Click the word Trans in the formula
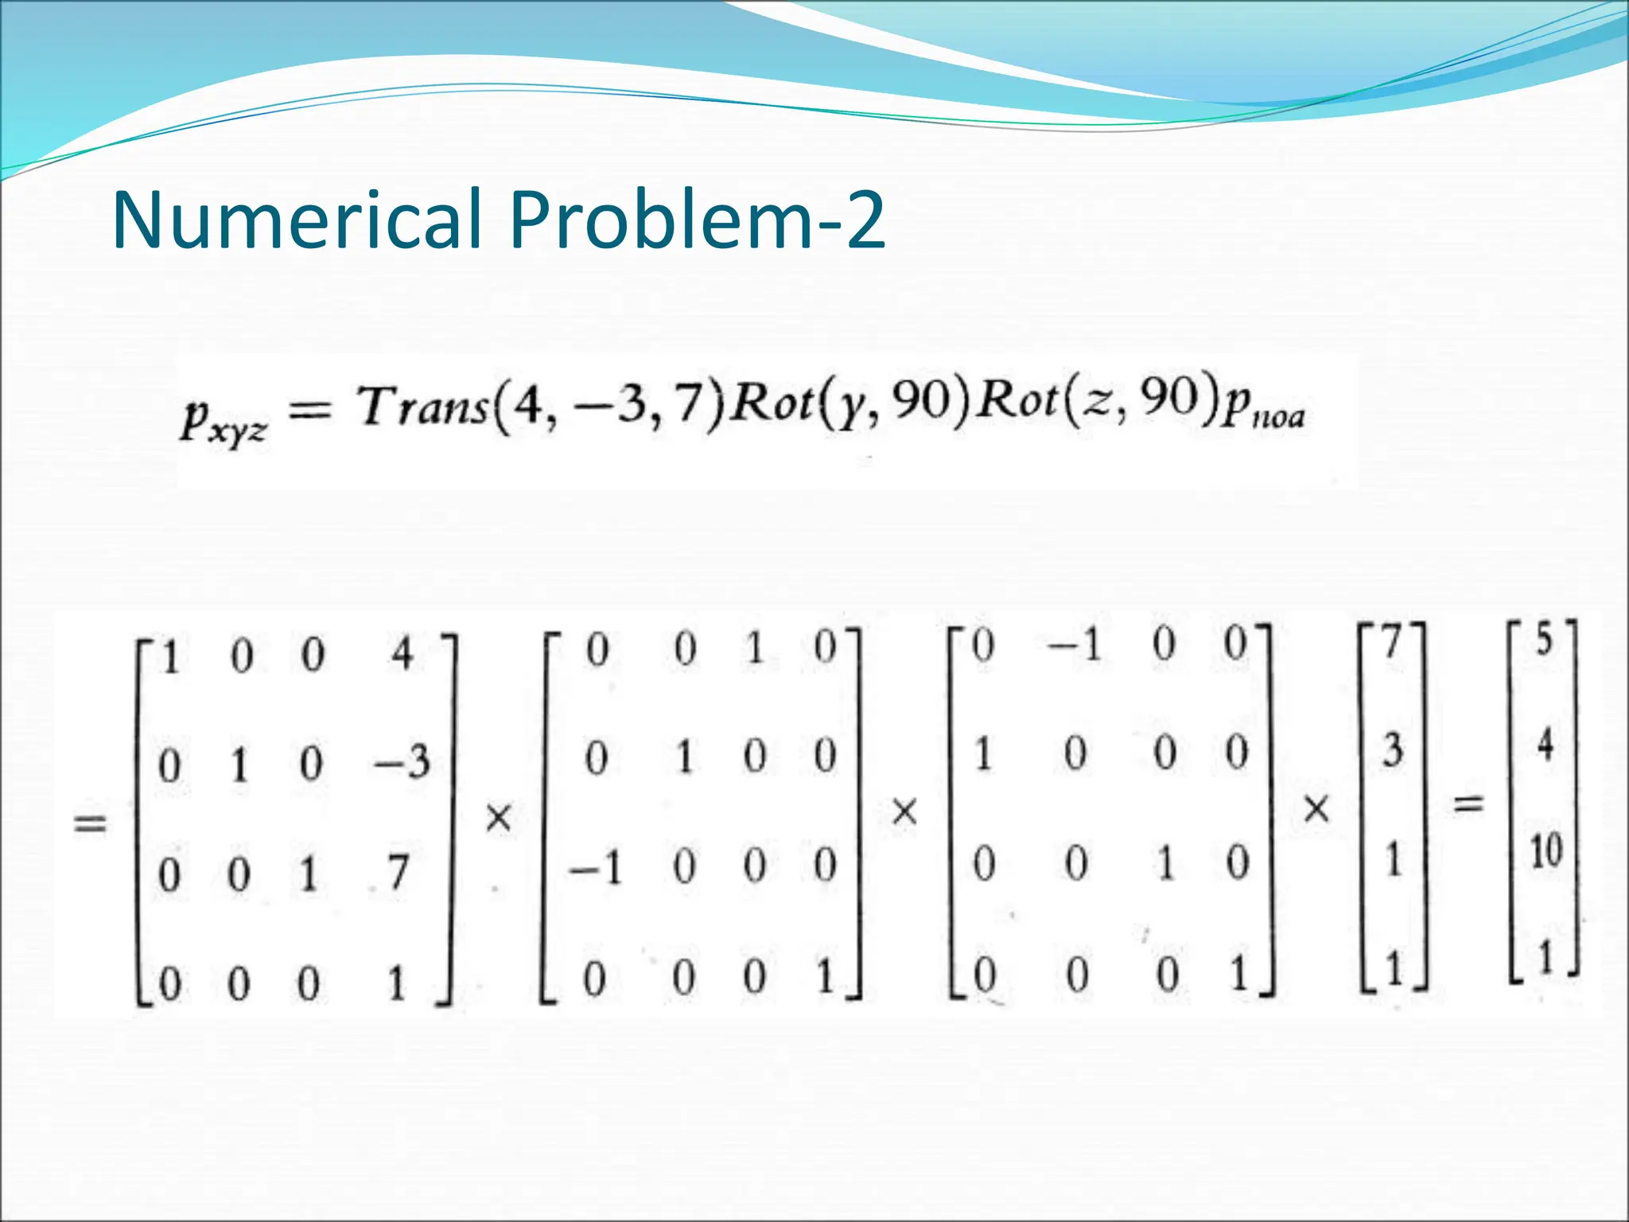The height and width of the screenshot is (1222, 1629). [x=422, y=407]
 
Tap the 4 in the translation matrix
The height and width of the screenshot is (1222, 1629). [x=402, y=654]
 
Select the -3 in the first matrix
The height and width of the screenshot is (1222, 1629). [x=402, y=762]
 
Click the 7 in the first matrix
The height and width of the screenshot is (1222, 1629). [x=398, y=872]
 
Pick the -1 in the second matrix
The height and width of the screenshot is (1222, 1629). [x=595, y=867]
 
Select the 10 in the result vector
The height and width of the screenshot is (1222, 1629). [x=1546, y=851]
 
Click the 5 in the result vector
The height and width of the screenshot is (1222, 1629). [x=1544, y=640]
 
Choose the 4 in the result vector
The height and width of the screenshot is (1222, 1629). [x=1545, y=745]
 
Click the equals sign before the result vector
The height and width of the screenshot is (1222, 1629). [x=1468, y=804]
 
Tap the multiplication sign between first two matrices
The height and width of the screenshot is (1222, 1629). [x=499, y=817]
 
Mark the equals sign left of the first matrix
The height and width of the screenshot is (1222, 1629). [x=89, y=823]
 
